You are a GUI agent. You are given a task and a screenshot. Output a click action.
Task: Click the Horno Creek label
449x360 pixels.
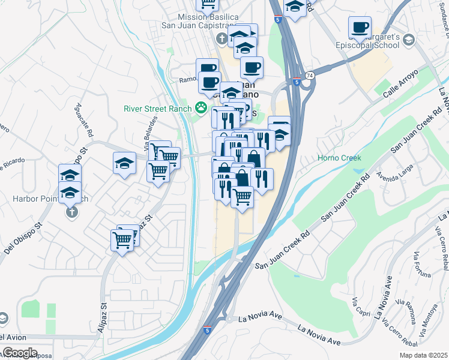(339, 158)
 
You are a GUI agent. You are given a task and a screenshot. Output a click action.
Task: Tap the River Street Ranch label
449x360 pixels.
(157, 109)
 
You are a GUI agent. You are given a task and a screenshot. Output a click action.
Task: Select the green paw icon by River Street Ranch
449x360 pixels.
(201, 109)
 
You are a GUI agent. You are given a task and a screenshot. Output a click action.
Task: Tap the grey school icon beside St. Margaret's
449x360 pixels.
(409, 40)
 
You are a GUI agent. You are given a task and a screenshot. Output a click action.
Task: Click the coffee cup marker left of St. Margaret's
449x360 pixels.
(360, 26)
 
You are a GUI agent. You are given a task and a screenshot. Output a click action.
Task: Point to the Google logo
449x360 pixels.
(20, 352)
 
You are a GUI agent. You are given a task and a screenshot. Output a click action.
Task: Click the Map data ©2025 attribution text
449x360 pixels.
(423, 355)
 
